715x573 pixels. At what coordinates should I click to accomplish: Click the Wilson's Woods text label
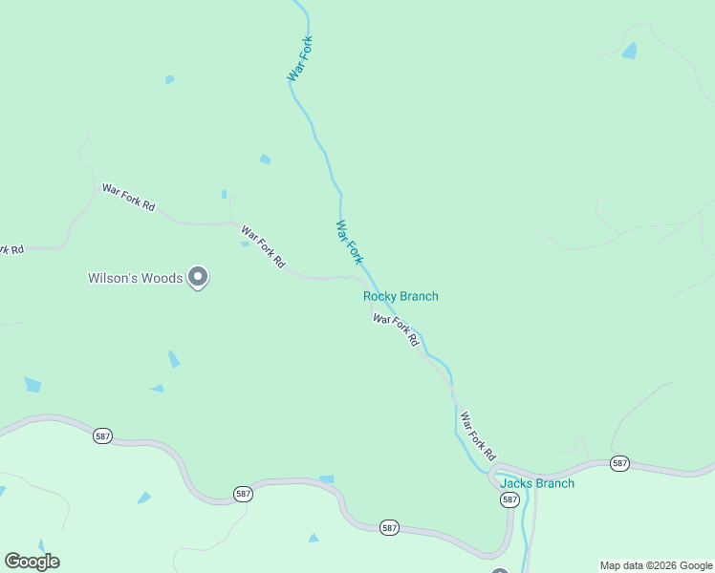coord(135,278)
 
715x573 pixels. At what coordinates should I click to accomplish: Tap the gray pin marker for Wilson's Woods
coord(198,277)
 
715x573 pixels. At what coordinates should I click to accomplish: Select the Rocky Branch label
coord(401,296)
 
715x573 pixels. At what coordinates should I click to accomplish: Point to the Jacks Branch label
coord(537,483)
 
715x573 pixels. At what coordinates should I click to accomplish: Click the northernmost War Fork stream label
coord(300,58)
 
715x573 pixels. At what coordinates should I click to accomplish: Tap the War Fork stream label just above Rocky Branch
coord(350,243)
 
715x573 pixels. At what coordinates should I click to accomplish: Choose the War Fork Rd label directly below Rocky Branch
coord(396,330)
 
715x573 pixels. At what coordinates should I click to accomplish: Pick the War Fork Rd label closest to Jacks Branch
coord(479,435)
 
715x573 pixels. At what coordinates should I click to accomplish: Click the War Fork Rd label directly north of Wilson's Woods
coord(128,198)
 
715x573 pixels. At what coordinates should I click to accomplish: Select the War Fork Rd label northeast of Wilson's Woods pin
coord(263,246)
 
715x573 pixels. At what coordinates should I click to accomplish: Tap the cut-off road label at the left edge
coord(11,249)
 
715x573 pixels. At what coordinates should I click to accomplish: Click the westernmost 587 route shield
coord(103,436)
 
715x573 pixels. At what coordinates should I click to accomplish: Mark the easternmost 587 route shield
coord(619,463)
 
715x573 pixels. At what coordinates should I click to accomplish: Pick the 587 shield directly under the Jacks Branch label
coord(509,499)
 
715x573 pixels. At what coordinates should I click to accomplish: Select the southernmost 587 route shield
coord(388,528)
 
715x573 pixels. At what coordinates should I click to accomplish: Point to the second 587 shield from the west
coord(243,494)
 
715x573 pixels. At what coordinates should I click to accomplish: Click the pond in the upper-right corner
coord(629,51)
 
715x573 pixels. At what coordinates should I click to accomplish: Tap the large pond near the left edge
coord(32,385)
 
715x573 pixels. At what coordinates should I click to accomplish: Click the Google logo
coord(32,561)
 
